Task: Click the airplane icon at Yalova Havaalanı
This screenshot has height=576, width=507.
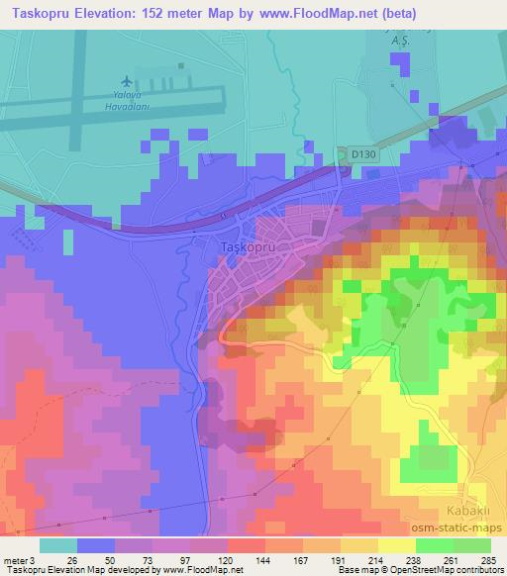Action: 127,78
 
